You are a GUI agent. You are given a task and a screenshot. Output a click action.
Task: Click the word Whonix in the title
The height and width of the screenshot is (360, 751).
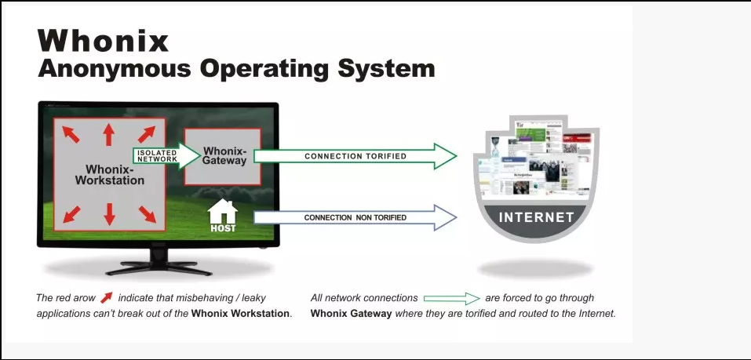pyautogui.click(x=103, y=41)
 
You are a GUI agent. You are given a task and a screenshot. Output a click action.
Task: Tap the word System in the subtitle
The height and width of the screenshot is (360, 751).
pyautogui.click(x=387, y=68)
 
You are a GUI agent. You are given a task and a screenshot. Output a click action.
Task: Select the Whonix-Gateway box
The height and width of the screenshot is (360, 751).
pyautogui.click(x=223, y=157)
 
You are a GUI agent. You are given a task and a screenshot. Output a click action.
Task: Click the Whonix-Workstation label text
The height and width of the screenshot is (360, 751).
pyautogui.click(x=110, y=175)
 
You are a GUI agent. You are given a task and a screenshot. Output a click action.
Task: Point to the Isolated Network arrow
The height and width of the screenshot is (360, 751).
pyautogui.click(x=166, y=155)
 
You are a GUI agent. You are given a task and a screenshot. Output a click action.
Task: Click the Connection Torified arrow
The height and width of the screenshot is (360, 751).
pyautogui.click(x=355, y=156)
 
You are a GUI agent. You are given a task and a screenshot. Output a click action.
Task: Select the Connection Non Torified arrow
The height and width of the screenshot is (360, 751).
pyautogui.click(x=355, y=217)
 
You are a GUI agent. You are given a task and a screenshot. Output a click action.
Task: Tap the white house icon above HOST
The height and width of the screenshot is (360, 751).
pyautogui.click(x=223, y=211)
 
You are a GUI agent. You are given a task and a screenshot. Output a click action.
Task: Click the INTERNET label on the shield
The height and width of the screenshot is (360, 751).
pyautogui.click(x=537, y=217)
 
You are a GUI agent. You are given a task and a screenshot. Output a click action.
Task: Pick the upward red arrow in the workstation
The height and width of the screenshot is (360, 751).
pyautogui.click(x=109, y=135)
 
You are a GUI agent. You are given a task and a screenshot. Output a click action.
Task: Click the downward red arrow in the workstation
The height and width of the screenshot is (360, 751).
pyautogui.click(x=110, y=214)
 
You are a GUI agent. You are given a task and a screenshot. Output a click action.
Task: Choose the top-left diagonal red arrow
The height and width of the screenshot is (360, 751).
pyautogui.click(x=71, y=134)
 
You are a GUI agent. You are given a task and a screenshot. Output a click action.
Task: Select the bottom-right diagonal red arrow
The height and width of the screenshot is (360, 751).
pyautogui.click(x=148, y=214)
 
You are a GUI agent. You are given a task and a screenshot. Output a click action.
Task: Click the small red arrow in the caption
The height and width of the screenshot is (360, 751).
pyautogui.click(x=106, y=298)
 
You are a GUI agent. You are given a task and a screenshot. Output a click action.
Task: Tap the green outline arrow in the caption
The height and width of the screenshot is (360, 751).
pyautogui.click(x=452, y=298)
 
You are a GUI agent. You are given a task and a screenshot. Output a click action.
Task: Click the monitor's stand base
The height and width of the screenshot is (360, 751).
pyautogui.click(x=159, y=267)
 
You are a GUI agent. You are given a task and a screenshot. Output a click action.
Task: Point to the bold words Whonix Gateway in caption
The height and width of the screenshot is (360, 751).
pyautogui.click(x=351, y=314)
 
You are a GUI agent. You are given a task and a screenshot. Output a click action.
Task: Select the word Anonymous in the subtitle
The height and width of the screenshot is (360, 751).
pyautogui.click(x=115, y=69)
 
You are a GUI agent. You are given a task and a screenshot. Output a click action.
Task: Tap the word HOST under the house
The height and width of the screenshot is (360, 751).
pyautogui.click(x=223, y=228)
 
